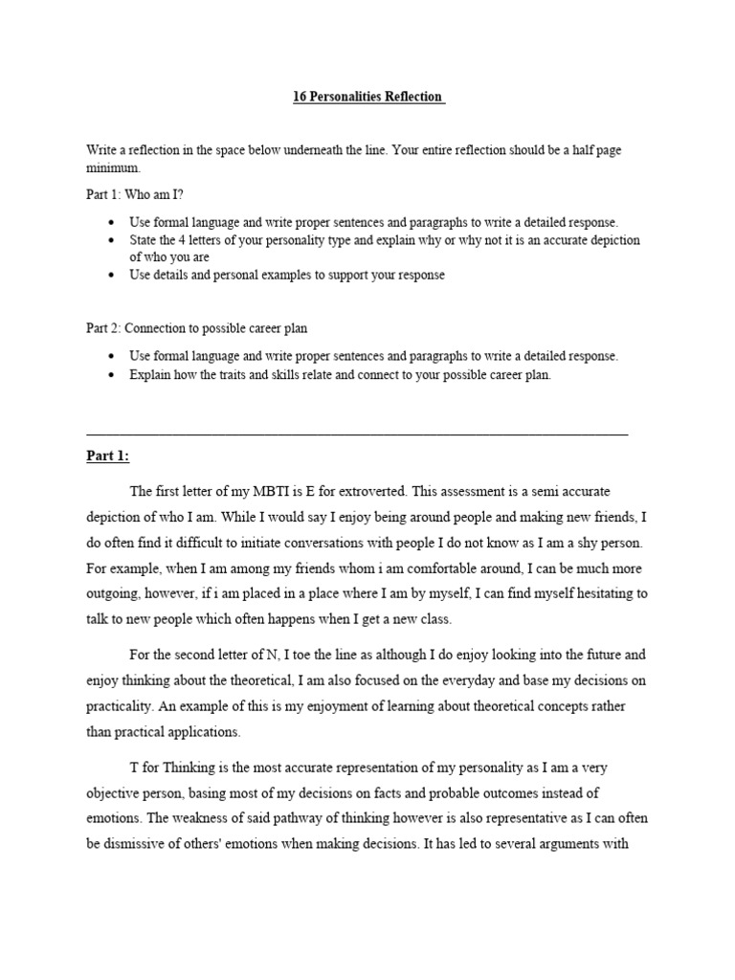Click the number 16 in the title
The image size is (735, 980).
click(300, 97)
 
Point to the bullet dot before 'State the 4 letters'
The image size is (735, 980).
click(113, 240)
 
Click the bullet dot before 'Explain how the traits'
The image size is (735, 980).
click(113, 375)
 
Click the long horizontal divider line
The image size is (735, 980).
click(357, 434)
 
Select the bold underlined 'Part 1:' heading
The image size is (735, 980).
click(107, 457)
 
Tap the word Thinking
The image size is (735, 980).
click(180, 768)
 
